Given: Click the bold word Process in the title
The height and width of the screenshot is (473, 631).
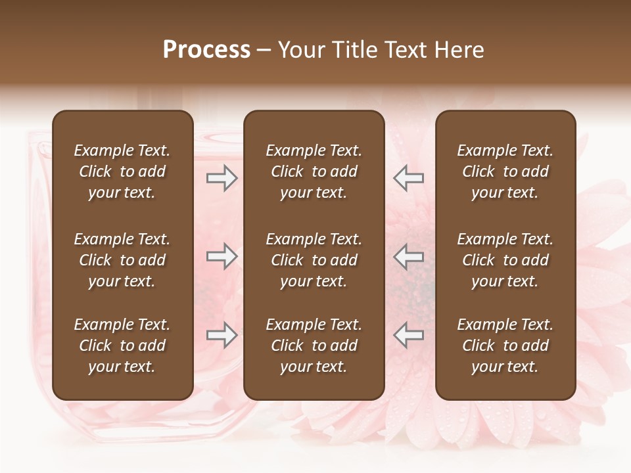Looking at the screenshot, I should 206,50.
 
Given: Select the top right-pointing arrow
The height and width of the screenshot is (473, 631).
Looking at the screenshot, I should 222,178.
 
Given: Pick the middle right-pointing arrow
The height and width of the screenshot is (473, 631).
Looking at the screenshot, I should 222,256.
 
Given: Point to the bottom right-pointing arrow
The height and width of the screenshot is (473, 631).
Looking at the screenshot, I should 222,335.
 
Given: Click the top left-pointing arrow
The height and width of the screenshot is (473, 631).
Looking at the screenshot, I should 408,178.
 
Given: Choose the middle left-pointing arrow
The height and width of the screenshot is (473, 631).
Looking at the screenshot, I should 408,256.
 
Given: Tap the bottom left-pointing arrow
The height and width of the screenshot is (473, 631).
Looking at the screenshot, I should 408,335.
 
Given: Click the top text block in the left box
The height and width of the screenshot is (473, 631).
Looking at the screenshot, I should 122,171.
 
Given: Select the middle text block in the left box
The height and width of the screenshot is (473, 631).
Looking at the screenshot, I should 122,260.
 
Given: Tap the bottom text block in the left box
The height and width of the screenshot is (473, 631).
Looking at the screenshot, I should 122,346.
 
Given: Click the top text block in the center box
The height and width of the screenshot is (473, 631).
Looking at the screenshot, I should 314,171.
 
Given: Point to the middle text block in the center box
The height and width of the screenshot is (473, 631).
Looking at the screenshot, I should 314,260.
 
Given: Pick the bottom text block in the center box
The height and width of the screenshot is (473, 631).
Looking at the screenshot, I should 314,346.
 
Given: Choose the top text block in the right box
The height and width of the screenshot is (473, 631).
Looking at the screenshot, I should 505,171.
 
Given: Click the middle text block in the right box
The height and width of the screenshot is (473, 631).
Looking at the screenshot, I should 505,260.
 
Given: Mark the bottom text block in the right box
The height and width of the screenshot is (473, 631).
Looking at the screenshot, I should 505,346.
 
